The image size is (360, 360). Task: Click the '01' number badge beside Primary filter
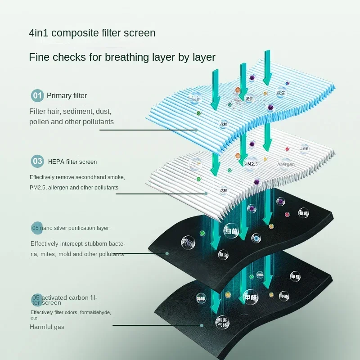(37, 95)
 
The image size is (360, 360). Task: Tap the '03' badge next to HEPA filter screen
(37, 161)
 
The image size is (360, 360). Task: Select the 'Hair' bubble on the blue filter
(194, 99)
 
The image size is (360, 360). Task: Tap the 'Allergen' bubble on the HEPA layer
(286, 164)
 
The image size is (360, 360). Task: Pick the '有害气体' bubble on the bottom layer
(222, 322)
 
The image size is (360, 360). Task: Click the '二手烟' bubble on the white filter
(304, 149)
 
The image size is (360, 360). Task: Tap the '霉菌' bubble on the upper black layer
(304, 212)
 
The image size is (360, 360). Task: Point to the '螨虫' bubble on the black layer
(224, 254)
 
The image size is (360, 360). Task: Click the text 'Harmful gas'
(47, 327)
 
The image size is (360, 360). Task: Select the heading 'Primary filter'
(67, 95)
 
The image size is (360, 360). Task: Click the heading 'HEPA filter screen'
(72, 162)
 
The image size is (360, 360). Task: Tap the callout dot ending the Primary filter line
(196, 130)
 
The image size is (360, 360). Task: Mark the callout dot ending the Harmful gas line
(202, 325)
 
